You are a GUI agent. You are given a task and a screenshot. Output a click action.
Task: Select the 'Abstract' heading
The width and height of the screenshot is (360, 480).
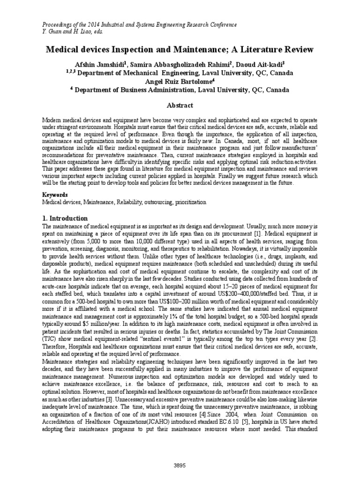click(180, 106)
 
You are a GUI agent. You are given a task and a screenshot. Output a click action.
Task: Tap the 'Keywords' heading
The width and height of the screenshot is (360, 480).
click(55, 194)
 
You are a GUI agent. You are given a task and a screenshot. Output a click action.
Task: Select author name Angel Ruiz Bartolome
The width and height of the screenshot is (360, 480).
click(179, 81)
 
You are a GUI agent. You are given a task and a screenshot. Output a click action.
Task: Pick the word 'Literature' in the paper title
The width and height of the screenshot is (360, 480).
click(255, 49)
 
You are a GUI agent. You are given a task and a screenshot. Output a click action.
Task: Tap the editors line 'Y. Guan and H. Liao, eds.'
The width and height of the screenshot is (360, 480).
click(73, 31)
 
